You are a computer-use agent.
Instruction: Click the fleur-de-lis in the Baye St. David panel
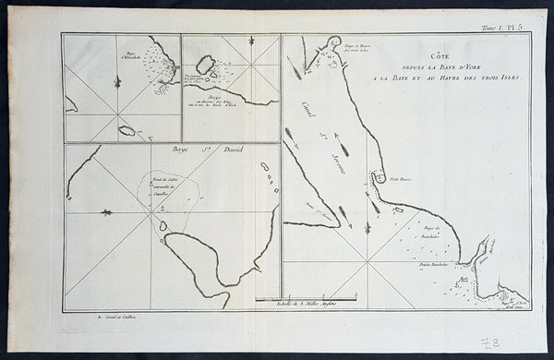[x=104, y=213]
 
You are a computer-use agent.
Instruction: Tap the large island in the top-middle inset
[x=207, y=65]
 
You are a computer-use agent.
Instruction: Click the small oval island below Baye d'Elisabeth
[x=125, y=130]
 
